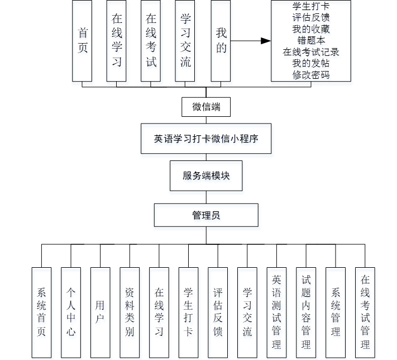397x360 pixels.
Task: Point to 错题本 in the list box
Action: pos(311,40)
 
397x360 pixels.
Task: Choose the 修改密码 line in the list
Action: pos(311,75)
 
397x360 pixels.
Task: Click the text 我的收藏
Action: pos(311,29)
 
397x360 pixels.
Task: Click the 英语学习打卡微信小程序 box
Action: pos(206,139)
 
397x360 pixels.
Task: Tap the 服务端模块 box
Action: pos(206,176)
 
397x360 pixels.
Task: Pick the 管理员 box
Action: pos(206,215)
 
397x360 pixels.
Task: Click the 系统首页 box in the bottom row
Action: pos(41,312)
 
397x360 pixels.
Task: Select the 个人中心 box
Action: pos(71,312)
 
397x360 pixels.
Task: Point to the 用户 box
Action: pos(101,312)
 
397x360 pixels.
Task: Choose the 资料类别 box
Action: pos(130,312)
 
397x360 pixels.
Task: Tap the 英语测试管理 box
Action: pos(276,312)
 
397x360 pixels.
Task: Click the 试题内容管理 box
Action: pos(306,312)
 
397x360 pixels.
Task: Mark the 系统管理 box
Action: pos(336,312)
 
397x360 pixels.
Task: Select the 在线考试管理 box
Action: pos(365,312)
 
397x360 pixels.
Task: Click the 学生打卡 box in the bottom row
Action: pos(188,312)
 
